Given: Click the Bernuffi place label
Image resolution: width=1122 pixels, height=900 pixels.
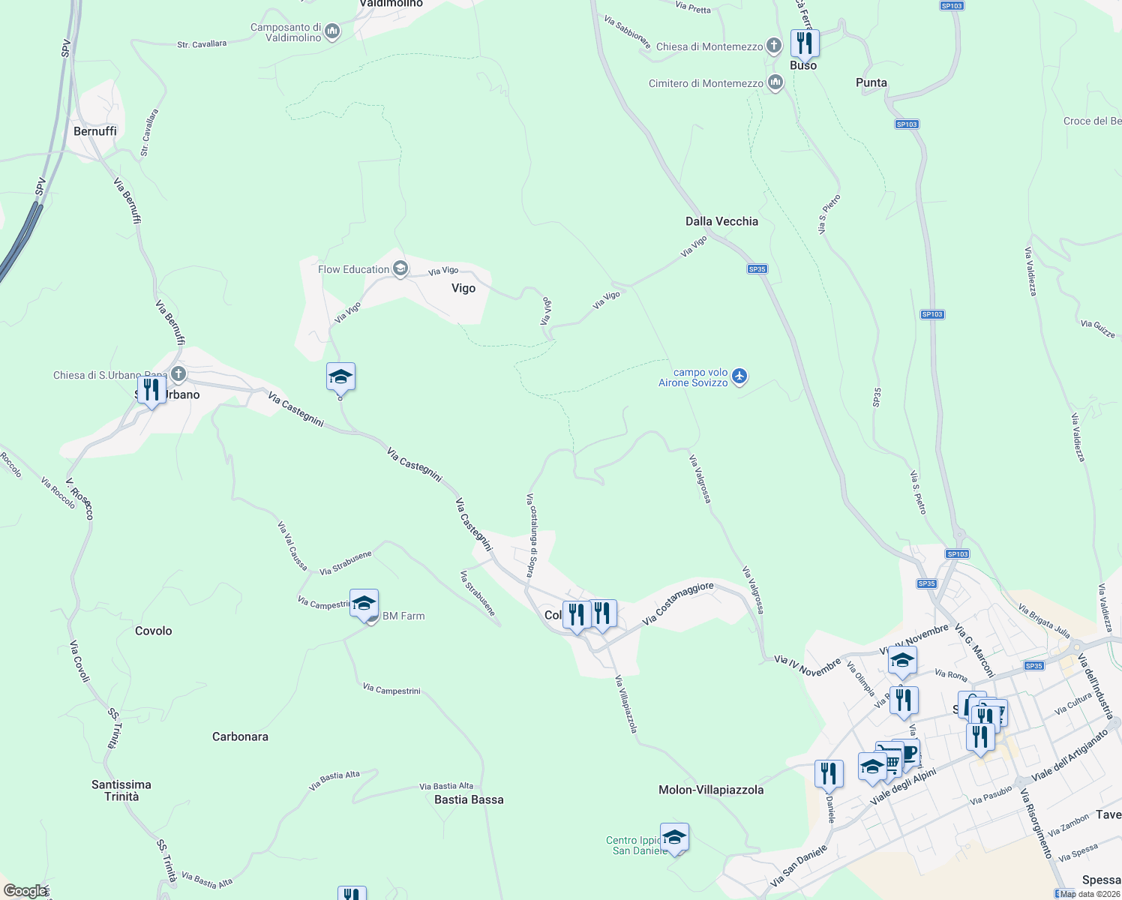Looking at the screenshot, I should click(x=95, y=131).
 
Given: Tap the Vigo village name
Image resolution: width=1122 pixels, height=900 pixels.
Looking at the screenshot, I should click(x=463, y=288).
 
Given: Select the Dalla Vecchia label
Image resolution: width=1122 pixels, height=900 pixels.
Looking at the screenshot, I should click(x=721, y=221).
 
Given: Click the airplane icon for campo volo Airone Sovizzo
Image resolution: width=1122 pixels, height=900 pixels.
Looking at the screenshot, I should click(x=740, y=376).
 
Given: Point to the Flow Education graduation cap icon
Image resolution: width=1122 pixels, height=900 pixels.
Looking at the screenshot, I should click(x=401, y=269).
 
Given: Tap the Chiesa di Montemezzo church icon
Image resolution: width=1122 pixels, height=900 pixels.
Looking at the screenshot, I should click(x=774, y=46).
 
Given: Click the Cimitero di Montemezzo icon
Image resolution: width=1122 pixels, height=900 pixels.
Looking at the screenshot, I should click(x=775, y=83).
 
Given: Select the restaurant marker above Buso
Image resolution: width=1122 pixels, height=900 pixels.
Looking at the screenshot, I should click(x=804, y=43).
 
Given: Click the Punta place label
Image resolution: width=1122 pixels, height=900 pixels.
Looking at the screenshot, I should click(x=871, y=82).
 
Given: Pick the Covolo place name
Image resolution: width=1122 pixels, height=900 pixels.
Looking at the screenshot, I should click(x=154, y=631).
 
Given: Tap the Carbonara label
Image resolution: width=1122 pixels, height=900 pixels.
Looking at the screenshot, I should click(x=240, y=736).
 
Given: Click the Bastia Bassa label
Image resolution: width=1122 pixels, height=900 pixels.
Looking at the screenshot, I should click(x=469, y=799).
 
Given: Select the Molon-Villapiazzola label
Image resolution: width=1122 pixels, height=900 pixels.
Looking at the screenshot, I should click(x=711, y=790).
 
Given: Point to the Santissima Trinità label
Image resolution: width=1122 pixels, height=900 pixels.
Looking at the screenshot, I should click(x=121, y=790).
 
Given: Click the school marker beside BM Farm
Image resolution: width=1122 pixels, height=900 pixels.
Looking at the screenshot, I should click(x=364, y=604).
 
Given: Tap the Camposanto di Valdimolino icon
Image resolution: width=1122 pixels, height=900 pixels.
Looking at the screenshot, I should click(x=333, y=32).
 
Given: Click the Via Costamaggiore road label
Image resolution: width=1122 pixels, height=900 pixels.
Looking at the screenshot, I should click(x=678, y=603).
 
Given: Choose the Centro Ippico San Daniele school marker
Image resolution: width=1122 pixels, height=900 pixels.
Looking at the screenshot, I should click(x=674, y=838).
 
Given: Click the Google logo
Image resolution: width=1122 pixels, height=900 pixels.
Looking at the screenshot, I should click(x=25, y=891).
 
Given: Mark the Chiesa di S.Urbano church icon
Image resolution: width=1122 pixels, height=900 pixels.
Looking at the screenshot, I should click(x=178, y=373).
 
